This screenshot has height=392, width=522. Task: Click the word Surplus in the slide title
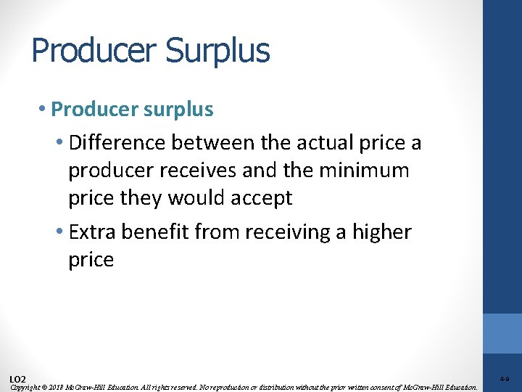pyautogui.click(x=217, y=51)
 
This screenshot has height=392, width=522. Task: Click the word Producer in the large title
pyautogui.click(x=94, y=51)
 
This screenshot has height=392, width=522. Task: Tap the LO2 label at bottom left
pyautogui.click(x=17, y=379)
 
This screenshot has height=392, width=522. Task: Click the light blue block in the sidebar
pyautogui.click(x=502, y=333)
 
